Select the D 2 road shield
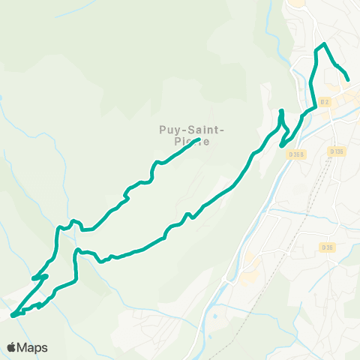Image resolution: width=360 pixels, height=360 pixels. point(325,102)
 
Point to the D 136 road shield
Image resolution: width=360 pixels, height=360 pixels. point(337,151)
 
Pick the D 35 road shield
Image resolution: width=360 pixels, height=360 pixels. point(327,247)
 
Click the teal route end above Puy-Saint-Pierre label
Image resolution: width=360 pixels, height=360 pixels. point(197,139)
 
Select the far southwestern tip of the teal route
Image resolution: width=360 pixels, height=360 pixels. point(12,315)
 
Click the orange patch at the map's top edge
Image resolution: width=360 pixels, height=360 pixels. point(296,3)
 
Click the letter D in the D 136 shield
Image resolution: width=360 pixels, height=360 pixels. point(331,151)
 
